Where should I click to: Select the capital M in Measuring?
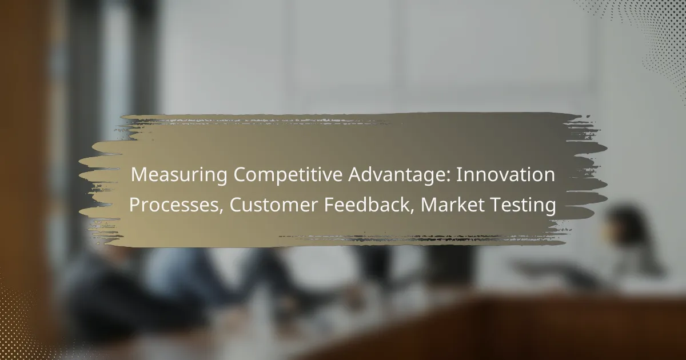tap(137, 176)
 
